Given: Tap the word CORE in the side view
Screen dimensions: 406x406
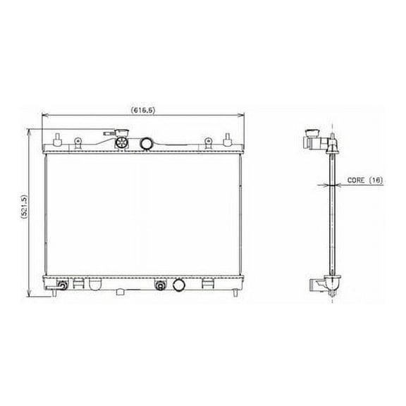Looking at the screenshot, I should click(x=357, y=180).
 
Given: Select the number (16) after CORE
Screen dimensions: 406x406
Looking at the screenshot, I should click(x=377, y=180).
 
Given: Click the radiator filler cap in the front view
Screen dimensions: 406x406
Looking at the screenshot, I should click(x=122, y=142).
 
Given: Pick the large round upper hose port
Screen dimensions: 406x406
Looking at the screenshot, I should click(x=147, y=144).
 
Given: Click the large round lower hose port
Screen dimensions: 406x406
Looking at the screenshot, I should click(x=178, y=285).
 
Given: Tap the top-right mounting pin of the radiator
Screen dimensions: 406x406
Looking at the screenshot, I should click(x=228, y=137).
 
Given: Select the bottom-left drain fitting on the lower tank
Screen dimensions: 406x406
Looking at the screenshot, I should click(x=63, y=285).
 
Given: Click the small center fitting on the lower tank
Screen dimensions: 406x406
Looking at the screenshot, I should click(x=160, y=285).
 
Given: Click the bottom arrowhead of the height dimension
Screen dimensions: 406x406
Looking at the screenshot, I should click(x=28, y=295).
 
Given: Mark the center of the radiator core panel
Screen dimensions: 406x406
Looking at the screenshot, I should click(x=143, y=215).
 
